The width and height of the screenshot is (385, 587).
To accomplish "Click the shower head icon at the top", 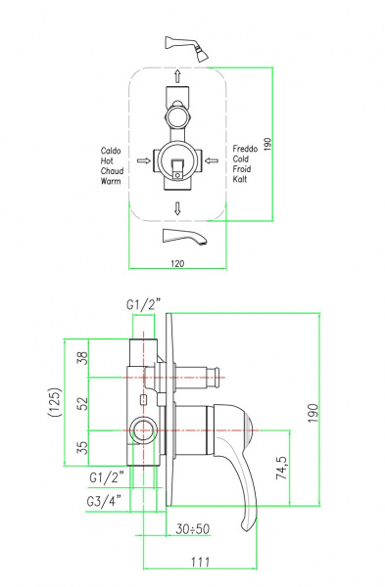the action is click(x=186, y=48).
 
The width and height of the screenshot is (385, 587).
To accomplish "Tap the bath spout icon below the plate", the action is click(x=184, y=238).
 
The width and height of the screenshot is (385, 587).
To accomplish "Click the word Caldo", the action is click(x=111, y=151).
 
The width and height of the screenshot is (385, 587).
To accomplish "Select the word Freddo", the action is click(x=245, y=149).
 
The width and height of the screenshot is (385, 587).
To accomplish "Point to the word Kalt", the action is click(x=240, y=179).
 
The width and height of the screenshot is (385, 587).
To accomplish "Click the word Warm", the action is click(x=111, y=181).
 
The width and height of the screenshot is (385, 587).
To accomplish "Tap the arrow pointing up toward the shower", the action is click(x=177, y=76).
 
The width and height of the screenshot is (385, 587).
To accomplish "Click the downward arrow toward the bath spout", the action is click(x=177, y=208).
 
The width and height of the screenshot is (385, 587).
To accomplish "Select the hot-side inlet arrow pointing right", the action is click(x=144, y=161).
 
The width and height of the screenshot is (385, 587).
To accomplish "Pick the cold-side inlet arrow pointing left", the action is click(x=212, y=161).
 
